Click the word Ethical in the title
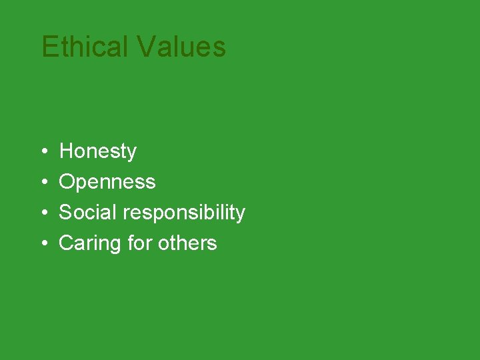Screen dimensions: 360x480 click(x=85, y=47)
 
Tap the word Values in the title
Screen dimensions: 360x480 click(x=181, y=47)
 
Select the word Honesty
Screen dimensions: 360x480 click(x=97, y=152)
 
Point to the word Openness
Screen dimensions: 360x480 click(x=107, y=183)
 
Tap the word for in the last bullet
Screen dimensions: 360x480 click(x=139, y=243)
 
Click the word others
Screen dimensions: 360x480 click(x=187, y=243)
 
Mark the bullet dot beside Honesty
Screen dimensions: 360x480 click(x=43, y=153)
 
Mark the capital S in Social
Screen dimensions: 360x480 click(x=65, y=213)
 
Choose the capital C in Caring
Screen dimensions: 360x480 click(x=67, y=243)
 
